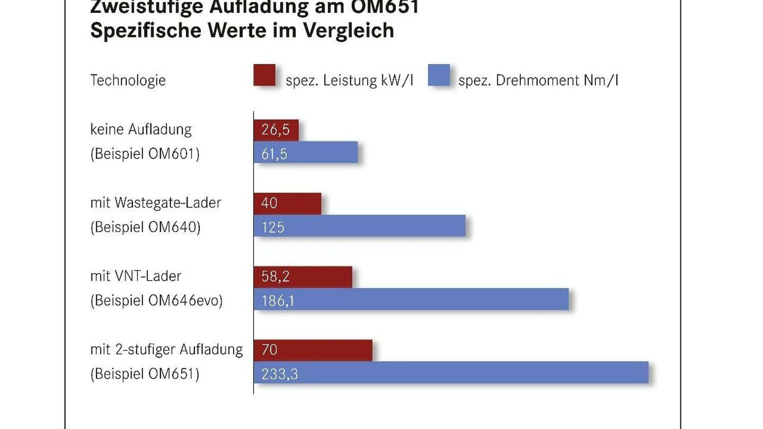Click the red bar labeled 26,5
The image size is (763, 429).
click(276, 130)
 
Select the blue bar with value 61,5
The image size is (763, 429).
click(306, 153)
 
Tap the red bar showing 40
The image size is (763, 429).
click(287, 203)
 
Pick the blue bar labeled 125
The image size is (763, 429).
click(359, 226)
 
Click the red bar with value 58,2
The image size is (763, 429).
click(303, 277)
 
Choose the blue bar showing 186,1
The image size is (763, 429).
click(411, 299)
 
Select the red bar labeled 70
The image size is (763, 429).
click(313, 350)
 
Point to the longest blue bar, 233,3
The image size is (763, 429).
click(451, 373)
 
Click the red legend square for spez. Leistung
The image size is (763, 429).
click(264, 75)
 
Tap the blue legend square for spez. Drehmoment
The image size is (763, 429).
click(439, 75)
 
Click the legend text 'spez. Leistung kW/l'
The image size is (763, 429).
click(349, 81)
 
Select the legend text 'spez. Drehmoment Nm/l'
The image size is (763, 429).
click(538, 81)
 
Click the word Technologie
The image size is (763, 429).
click(128, 80)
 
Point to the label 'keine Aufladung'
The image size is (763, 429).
click(141, 129)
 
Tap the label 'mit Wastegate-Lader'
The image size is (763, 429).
click(156, 203)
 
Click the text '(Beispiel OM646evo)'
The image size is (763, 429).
click(157, 301)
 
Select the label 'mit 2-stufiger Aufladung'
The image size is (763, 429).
click(167, 350)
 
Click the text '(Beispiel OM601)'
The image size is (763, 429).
click(145, 154)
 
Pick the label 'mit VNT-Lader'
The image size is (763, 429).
click(136, 276)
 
